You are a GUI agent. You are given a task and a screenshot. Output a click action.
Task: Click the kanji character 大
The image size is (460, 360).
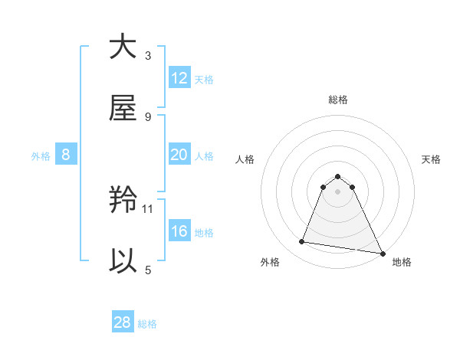coord(123,47)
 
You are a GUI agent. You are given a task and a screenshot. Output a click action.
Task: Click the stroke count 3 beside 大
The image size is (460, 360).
coord(148,55)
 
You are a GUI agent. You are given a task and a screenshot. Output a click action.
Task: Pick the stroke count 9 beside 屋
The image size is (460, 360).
coord(148,116)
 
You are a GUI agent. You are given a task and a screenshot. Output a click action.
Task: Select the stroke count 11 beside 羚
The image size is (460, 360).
coord(148,208)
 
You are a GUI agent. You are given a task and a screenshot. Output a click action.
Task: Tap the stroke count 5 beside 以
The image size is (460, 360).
coord(148,270)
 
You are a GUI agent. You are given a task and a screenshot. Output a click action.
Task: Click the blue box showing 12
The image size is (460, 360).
coord(179,78)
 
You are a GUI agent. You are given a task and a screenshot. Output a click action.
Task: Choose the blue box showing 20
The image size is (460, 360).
coord(179,155)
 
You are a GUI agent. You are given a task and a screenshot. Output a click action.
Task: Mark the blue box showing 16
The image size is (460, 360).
coord(179,231)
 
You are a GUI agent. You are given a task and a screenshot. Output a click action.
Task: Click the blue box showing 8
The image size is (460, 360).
coord(66,155)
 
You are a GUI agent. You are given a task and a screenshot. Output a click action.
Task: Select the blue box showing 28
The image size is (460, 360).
coord(123,322)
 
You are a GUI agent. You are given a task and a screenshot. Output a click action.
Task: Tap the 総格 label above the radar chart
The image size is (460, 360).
coord(338,100)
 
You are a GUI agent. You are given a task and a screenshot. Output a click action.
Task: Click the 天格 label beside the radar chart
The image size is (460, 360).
coord(431,159)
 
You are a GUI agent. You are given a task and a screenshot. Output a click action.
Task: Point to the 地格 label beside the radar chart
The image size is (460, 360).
coord(402,263)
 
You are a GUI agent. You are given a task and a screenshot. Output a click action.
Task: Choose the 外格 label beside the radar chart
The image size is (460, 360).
coord(270,263)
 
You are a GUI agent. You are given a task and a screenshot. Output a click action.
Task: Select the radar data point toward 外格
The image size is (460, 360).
coord(301,242)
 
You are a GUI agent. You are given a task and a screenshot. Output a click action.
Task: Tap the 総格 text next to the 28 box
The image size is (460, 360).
coord(147,324)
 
